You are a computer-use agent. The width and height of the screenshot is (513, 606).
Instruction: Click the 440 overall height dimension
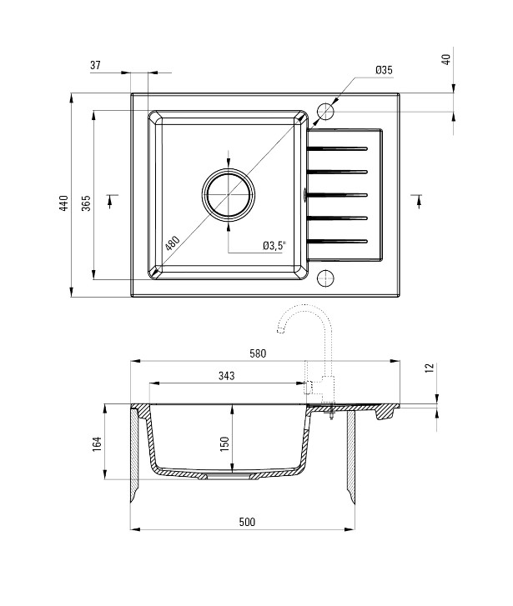[64, 203]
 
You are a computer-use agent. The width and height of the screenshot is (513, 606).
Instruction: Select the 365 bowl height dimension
[86, 203]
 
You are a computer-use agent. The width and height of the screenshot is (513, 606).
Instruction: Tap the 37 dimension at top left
[95, 65]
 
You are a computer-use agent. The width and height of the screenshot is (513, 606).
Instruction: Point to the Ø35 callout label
[384, 70]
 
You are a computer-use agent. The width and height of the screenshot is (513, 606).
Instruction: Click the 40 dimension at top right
[446, 59]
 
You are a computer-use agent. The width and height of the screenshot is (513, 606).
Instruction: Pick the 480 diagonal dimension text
[172, 243]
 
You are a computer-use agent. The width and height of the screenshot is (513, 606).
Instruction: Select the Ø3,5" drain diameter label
[274, 245]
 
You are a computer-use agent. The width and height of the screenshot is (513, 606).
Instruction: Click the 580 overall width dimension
[258, 353]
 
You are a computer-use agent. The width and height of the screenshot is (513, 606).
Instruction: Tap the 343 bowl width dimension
[226, 375]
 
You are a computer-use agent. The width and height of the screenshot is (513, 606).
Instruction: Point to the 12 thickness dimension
[430, 368]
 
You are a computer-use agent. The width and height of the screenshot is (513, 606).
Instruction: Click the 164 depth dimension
[96, 444]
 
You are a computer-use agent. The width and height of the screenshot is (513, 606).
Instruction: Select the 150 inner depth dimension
[224, 444]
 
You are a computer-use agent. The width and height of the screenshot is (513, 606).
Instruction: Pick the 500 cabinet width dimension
[247, 522]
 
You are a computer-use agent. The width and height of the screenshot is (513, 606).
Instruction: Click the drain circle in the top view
[229, 168]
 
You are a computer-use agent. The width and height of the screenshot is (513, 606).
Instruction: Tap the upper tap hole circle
[325, 103]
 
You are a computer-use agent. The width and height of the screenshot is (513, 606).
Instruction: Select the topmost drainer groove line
[337, 148]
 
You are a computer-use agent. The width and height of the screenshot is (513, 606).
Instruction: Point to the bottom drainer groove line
[337, 242]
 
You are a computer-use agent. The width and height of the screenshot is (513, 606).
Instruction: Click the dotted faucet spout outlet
[280, 329]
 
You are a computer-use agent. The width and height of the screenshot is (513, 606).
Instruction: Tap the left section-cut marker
[111, 201]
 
